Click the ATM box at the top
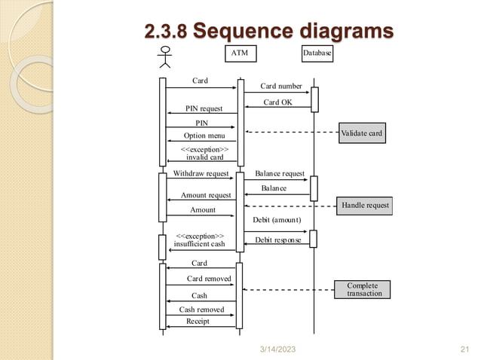(x=240, y=53)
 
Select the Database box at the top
(x=317, y=53)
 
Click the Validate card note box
(x=362, y=133)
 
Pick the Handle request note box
(x=365, y=205)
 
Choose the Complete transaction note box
(x=363, y=289)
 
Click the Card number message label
(x=281, y=86)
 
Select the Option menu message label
(x=204, y=136)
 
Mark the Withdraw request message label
(x=201, y=173)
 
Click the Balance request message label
(x=280, y=173)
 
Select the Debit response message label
(x=277, y=239)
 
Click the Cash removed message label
(x=201, y=310)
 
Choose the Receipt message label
(x=199, y=322)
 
